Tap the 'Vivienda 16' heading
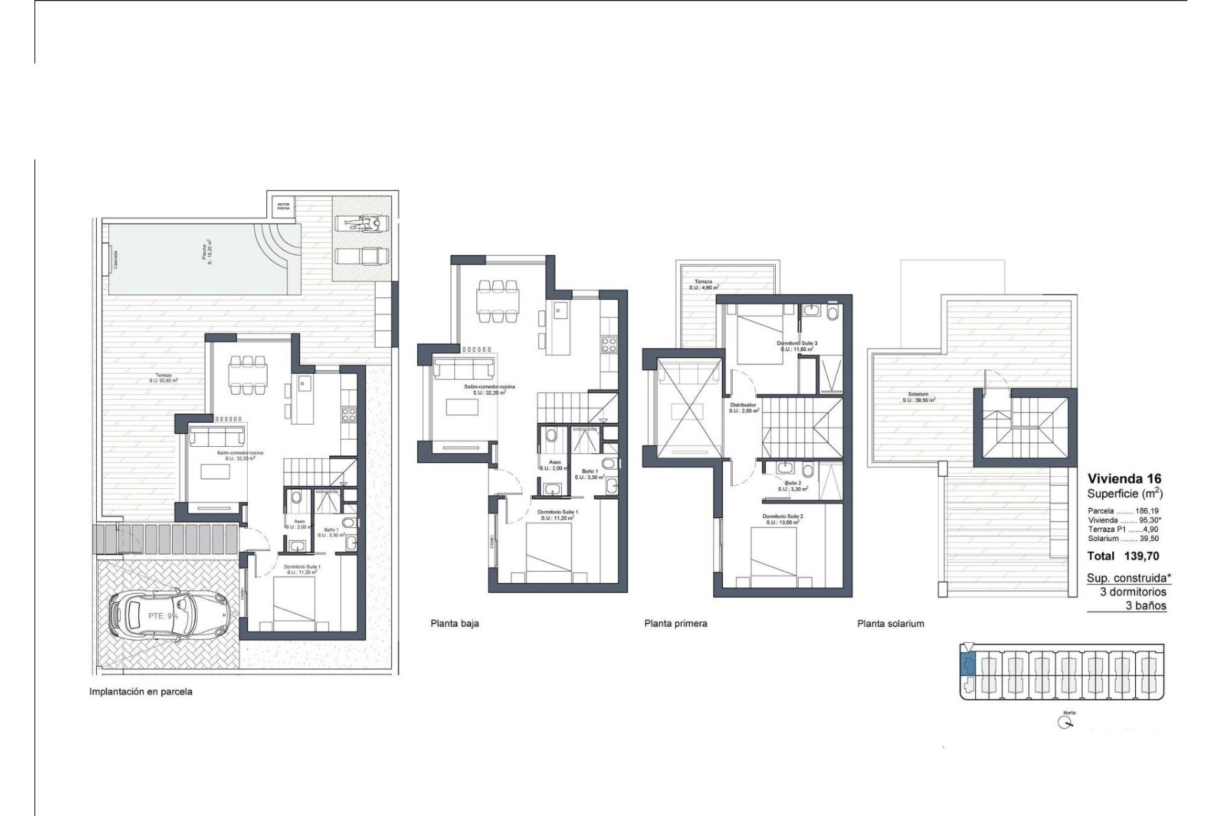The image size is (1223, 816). pyautogui.click(x=1124, y=479)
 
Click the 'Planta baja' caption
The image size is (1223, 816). pyautogui.click(x=455, y=623)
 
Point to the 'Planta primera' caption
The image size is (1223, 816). pyautogui.click(x=675, y=623)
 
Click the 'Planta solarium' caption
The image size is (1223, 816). pyautogui.click(x=890, y=623)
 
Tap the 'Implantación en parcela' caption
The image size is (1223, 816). pyautogui.click(x=141, y=691)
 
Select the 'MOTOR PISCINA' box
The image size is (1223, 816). pyautogui.click(x=282, y=206)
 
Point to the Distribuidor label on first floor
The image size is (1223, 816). pyautogui.click(x=743, y=407)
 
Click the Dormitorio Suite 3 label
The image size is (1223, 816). pyautogui.click(x=796, y=346)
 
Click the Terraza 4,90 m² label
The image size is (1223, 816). pyautogui.click(x=703, y=284)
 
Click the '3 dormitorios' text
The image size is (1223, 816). pyautogui.click(x=1133, y=592)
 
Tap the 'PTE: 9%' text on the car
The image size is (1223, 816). pyautogui.click(x=163, y=616)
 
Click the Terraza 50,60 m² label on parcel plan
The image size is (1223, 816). pyautogui.click(x=163, y=378)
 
